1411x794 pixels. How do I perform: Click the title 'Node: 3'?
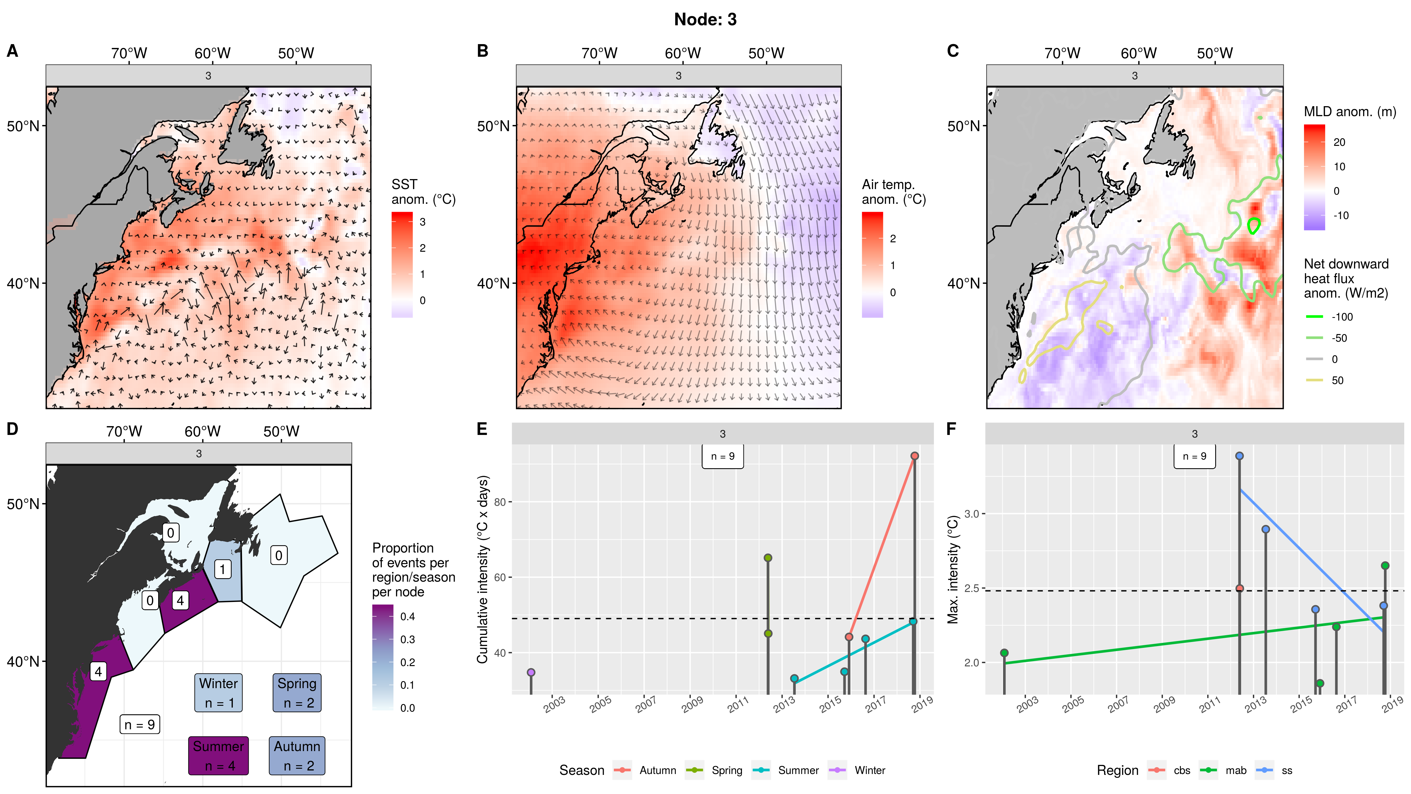pyautogui.click(x=705, y=20)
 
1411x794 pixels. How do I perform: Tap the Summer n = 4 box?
pyautogui.click(x=218, y=756)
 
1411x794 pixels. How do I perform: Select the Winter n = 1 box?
pyautogui.click(x=218, y=693)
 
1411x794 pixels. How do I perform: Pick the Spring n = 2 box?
pyautogui.click(x=297, y=693)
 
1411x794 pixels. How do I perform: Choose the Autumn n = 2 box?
pyautogui.click(x=297, y=756)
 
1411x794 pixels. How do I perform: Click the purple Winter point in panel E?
pyautogui.click(x=531, y=672)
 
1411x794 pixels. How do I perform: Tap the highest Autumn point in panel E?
pyautogui.click(x=914, y=456)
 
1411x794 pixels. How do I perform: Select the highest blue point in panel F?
pyautogui.click(x=1240, y=456)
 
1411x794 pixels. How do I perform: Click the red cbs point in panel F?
pyautogui.click(x=1240, y=588)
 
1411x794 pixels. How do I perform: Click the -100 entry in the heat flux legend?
pyautogui.click(x=1342, y=317)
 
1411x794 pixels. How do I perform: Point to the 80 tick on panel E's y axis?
pyautogui.click(x=499, y=502)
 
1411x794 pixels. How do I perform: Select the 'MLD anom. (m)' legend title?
pyautogui.click(x=1350, y=112)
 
